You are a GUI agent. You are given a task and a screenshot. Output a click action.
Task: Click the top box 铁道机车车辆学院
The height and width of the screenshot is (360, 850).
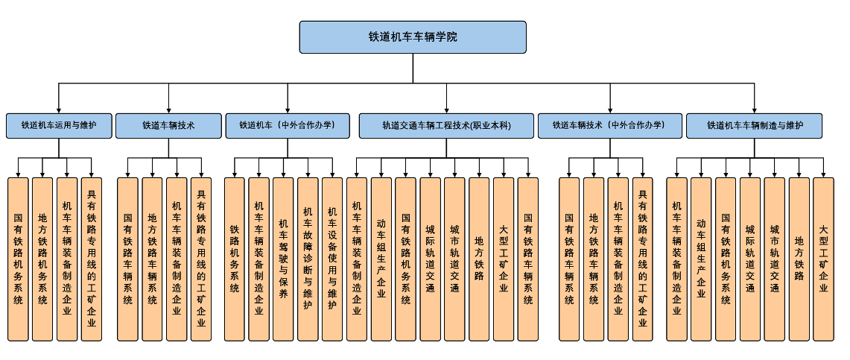tap(413, 37)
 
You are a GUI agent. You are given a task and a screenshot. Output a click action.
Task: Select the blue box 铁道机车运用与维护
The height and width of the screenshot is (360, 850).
tap(58, 125)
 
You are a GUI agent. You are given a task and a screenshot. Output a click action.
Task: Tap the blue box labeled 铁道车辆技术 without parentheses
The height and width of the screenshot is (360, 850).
tap(168, 125)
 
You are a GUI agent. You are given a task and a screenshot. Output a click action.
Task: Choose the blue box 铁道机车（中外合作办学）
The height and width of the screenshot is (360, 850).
tap(287, 125)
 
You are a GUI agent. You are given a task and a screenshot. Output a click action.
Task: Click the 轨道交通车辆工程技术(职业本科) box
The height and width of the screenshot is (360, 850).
tap(446, 125)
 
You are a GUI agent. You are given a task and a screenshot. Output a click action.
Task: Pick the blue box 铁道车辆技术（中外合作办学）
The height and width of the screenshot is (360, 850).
tap(609, 125)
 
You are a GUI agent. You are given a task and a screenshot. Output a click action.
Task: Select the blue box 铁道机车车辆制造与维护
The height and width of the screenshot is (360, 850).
tap(754, 125)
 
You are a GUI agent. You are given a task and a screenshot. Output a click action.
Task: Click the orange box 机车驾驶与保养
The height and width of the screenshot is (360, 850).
tap(283, 259)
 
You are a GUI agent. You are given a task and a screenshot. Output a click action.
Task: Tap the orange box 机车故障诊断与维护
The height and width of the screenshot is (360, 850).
tap(308, 259)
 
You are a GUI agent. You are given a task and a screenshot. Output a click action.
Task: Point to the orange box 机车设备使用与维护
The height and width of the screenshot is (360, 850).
tap(332, 259)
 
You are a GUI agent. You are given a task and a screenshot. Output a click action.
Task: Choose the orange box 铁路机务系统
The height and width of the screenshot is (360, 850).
tap(234, 259)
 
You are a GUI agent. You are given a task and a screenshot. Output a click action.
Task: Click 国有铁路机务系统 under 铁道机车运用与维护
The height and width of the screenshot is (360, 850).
tap(18, 259)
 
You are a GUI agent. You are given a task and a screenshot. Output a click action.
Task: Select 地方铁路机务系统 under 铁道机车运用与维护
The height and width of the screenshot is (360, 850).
tap(42, 259)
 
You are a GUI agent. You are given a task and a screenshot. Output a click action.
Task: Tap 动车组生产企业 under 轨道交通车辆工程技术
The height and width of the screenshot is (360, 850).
tap(381, 259)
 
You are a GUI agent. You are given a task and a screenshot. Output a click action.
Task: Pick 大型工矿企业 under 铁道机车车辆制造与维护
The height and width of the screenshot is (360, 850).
tap(823, 259)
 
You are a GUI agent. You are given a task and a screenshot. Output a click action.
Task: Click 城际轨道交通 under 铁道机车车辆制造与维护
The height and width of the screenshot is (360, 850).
tap(749, 259)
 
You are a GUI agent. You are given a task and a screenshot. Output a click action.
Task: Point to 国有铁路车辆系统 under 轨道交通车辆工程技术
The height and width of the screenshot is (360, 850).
tap(527, 259)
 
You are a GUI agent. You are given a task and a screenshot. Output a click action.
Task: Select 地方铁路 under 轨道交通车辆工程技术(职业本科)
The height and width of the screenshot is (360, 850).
tap(479, 259)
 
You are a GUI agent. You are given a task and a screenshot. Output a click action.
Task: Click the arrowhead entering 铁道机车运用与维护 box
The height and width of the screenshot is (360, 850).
tap(58, 110)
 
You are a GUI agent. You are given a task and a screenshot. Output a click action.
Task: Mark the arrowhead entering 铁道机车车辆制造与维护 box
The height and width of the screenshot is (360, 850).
tap(755, 110)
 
